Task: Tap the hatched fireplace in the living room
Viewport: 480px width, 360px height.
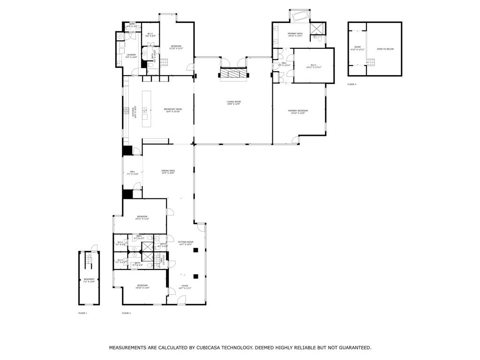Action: [233, 74]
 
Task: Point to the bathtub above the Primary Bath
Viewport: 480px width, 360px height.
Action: [300, 17]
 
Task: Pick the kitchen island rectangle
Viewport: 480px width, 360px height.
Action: [147, 109]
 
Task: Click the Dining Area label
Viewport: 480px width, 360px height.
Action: [168, 172]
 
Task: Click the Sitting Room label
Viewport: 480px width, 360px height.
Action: [185, 243]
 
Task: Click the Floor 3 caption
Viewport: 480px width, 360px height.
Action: [352, 84]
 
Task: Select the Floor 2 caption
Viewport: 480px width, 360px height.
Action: [126, 313]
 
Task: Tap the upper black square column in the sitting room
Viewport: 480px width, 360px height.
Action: [196, 251]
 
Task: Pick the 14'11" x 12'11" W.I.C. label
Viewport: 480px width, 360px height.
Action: [313, 66]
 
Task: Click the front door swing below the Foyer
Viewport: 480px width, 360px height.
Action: [181, 300]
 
